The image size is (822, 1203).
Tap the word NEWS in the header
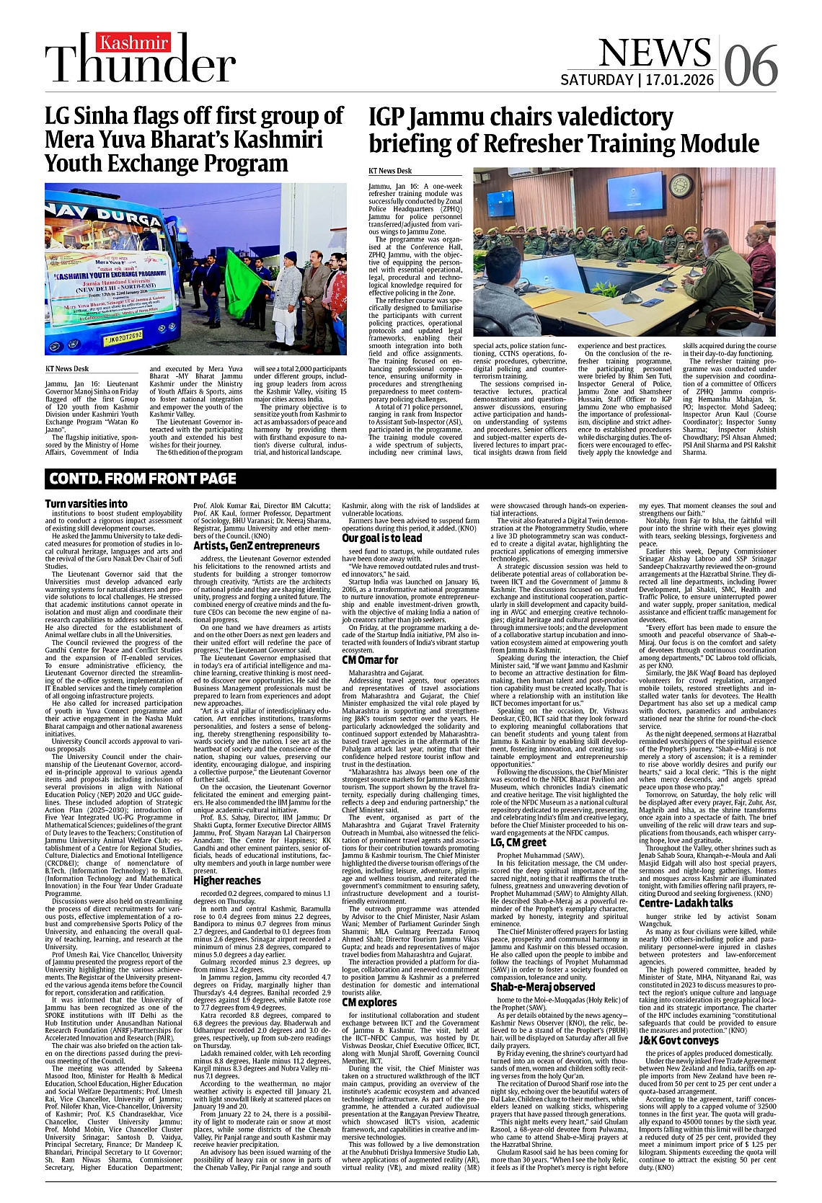pyautogui.click(x=655, y=52)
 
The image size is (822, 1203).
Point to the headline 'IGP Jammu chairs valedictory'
pyautogui.click(x=563, y=130)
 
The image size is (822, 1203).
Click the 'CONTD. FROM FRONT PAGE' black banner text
pyautogui.click(x=143, y=478)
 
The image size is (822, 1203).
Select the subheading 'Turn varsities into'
pyautogui.click(x=86, y=504)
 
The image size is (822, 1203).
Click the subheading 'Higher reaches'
pyautogui.click(x=227, y=880)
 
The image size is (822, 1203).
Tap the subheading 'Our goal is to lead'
pyautogui.click(x=382, y=538)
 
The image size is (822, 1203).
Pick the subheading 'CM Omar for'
pyautogui.click(x=370, y=660)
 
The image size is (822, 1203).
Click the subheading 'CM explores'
pyautogui.click(x=369, y=1003)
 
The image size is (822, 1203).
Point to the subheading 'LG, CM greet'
pyautogui.click(x=518, y=842)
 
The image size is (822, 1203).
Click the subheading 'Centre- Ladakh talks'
pyautogui.click(x=686, y=902)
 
